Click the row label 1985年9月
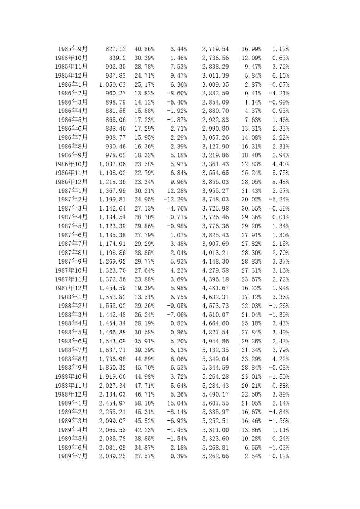tap(73, 49)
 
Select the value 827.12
tap(116, 49)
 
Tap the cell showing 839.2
tap(117, 58)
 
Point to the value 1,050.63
tap(112, 84)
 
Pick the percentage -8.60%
tap(177, 93)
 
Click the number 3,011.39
tap(215, 76)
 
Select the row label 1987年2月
tap(73, 200)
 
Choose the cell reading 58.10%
tap(144, 403)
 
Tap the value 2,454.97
tap(112, 403)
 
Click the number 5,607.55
tap(215, 403)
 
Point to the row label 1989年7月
tap(73, 456)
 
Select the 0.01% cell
tap(281, 217)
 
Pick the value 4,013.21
tap(215, 253)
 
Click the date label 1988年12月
tap(71, 394)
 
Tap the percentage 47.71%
tap(144, 386)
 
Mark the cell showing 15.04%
tap(177, 403)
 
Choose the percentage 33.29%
tap(251, 359)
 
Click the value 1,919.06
tap(112, 377)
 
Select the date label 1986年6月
tap(73, 129)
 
